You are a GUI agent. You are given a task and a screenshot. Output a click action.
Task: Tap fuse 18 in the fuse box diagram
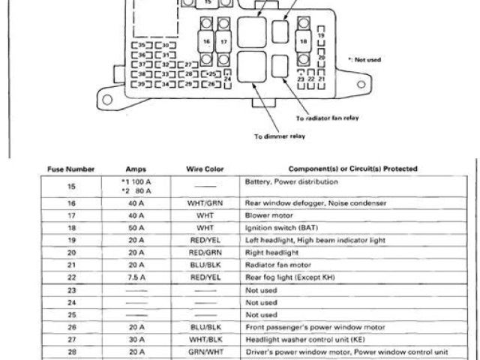coord(303,42)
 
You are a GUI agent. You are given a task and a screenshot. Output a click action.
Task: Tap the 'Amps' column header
coord(136,169)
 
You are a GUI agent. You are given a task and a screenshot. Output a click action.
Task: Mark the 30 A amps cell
coord(136,338)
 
